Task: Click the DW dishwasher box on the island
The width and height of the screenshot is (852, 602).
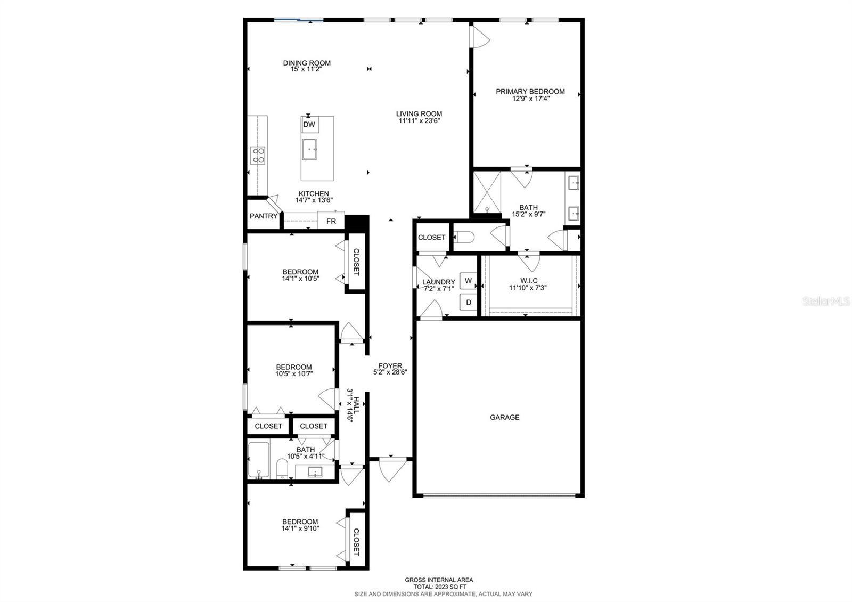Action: [309, 125]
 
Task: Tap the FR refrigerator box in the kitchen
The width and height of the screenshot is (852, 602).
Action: [331, 221]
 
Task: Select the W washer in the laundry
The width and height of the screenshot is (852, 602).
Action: [468, 281]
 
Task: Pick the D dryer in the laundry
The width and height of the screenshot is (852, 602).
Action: [469, 302]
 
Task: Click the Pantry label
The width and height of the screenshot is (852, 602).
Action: [264, 216]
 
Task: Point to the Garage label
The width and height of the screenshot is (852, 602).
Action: [504, 417]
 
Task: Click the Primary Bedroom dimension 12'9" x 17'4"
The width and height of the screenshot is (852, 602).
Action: [530, 99]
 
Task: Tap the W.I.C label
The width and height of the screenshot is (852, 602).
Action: [529, 280]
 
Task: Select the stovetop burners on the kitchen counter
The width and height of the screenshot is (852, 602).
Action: [258, 155]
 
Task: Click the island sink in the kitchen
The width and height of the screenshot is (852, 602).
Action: [309, 149]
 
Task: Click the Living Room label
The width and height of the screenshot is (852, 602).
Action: [419, 113]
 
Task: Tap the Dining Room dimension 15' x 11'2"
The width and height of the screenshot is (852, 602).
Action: [306, 69]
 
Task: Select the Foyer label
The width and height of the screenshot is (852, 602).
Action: [390, 365]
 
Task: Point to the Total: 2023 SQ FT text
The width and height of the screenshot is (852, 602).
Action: [439, 587]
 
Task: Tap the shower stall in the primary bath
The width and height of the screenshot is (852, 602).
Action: [486, 192]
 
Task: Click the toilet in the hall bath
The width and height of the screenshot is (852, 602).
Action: [282, 469]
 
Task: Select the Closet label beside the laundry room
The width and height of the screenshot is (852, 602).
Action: [431, 237]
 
